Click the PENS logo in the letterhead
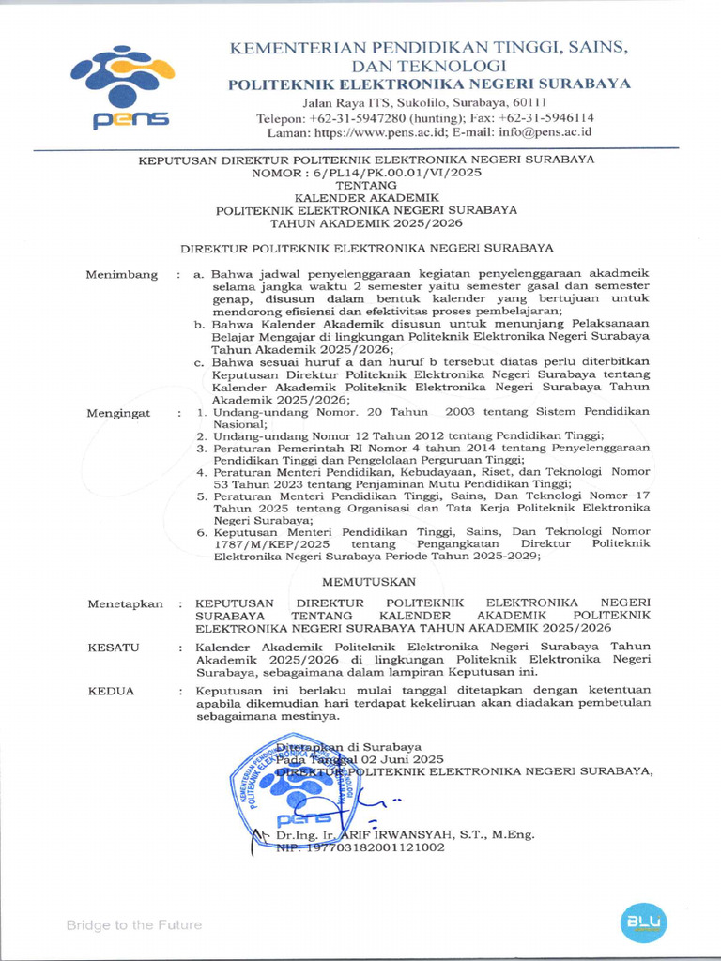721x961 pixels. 121,87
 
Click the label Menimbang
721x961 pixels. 121,274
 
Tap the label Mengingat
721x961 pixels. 120,413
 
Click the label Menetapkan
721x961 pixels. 125,603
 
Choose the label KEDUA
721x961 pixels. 111,691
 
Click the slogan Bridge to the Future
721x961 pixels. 133,925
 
